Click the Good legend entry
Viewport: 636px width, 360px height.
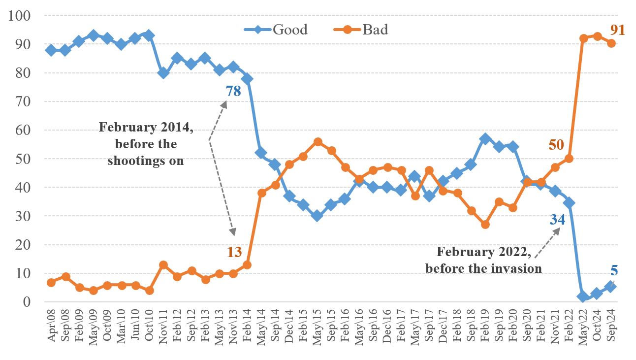(289, 30)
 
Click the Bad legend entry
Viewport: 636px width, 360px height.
(375, 30)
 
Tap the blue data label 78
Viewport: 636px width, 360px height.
(233, 91)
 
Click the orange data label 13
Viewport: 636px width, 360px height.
(234, 252)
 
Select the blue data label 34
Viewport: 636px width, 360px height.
(557, 220)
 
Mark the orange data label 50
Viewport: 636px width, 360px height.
(557, 145)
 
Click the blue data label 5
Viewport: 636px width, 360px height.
(614, 270)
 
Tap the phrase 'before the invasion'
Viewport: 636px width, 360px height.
(483, 268)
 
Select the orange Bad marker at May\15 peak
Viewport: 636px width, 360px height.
(318, 142)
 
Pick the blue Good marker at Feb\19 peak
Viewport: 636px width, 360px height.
(485, 139)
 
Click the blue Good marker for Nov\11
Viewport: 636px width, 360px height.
(163, 73)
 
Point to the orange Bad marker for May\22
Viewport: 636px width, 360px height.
(583, 38)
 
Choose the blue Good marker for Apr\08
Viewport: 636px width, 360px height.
(51, 50)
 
